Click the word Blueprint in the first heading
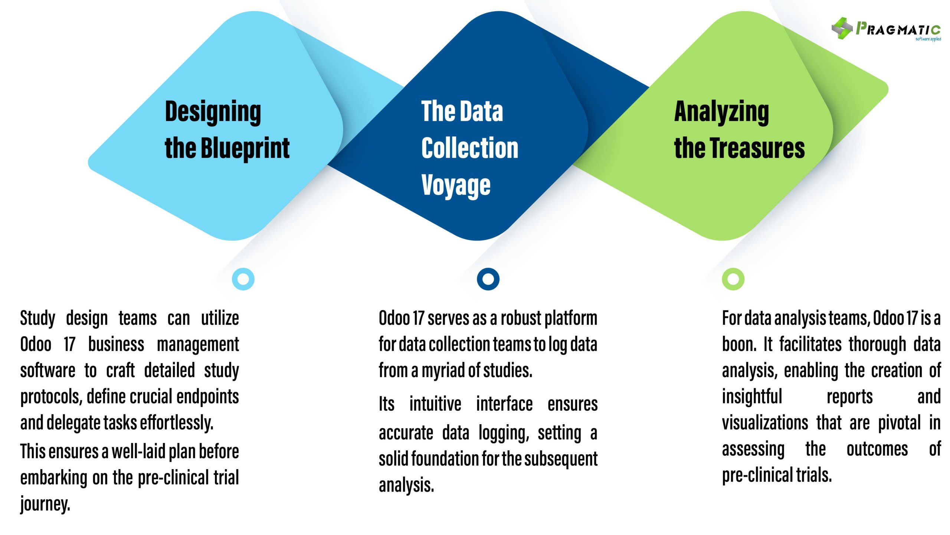point(245,148)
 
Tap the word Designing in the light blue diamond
point(213,111)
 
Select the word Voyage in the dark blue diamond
point(456,185)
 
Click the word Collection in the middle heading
point(470,148)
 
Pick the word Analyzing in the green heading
point(721,111)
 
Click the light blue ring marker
point(243,279)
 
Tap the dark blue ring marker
point(488,279)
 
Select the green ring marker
point(733,279)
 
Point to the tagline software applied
point(928,39)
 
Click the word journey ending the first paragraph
point(45,504)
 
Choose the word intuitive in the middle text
point(435,404)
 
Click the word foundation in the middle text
point(445,459)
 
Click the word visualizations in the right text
point(765,423)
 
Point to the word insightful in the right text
point(751,397)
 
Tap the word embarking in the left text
point(53,478)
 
